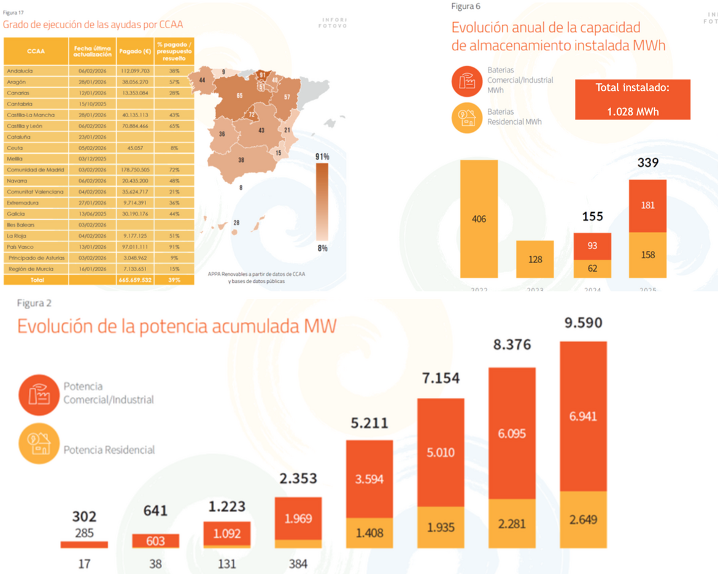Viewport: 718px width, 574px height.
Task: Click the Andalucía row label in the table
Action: pyautogui.click(x=20, y=71)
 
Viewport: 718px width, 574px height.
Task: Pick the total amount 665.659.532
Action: pyautogui.click(x=134, y=280)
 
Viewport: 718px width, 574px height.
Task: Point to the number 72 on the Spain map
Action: pyautogui.click(x=252, y=115)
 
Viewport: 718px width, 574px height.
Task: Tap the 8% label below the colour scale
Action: pyautogui.click(x=322, y=248)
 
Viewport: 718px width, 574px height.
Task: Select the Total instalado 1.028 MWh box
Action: pyautogui.click(x=633, y=99)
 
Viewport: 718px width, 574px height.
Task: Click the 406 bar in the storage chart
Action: pyautogui.click(x=479, y=218)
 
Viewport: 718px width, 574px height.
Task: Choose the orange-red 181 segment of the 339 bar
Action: pyautogui.click(x=647, y=205)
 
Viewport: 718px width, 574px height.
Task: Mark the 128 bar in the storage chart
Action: pyautogui.click(x=535, y=259)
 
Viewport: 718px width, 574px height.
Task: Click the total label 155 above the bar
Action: pyautogui.click(x=592, y=216)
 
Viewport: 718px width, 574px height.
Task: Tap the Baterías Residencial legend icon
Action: pyautogui.click(x=467, y=117)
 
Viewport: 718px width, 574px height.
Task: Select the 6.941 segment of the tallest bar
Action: pyautogui.click(x=583, y=416)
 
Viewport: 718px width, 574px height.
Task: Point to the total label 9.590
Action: pyautogui.click(x=582, y=323)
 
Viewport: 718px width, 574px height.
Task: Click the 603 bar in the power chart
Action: pyautogui.click(x=155, y=541)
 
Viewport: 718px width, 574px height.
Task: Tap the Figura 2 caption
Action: pyautogui.click(x=34, y=303)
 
